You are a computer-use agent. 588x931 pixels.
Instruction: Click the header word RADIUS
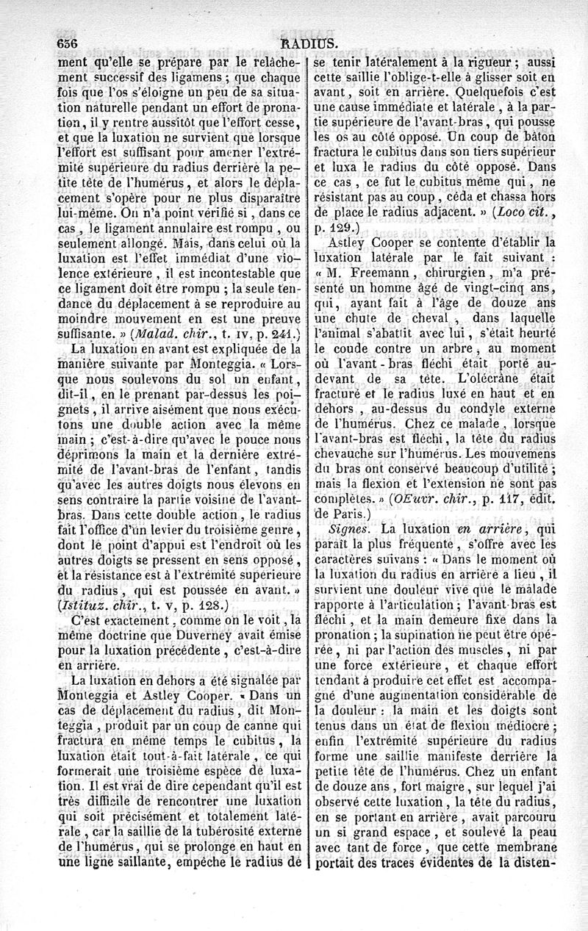pyautogui.click(x=301, y=43)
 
